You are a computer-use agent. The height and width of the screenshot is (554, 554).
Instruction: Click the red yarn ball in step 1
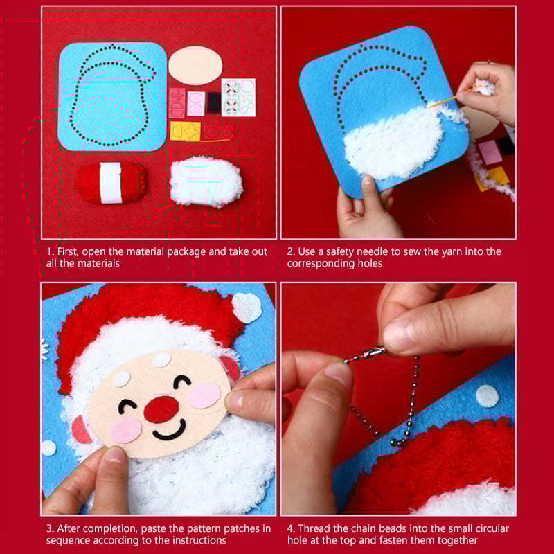pyautogui.click(x=109, y=183)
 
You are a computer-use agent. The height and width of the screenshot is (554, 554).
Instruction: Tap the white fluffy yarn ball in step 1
pyautogui.click(x=206, y=182)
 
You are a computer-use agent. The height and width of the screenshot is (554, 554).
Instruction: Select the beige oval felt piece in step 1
pyautogui.click(x=195, y=66)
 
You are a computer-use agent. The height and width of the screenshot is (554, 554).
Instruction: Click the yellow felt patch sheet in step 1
pyautogui.click(x=186, y=131)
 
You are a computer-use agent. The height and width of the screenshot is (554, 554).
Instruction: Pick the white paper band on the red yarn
pyautogui.click(x=111, y=183)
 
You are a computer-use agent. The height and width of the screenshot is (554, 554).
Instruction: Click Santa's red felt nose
pyautogui.click(x=161, y=409)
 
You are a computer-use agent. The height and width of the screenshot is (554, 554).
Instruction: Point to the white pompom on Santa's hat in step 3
pyautogui.click(x=247, y=307)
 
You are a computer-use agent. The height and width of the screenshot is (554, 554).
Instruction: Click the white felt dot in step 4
pyautogui.click(x=488, y=395)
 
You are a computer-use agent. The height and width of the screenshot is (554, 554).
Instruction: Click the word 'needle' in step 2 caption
pyautogui.click(x=373, y=251)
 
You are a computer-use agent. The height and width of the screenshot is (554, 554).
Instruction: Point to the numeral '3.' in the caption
pyautogui.click(x=51, y=528)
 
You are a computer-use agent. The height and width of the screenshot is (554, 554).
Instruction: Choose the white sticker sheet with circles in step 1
pyautogui.click(x=238, y=98)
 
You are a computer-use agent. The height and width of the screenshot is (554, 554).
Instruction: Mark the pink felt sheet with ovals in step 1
pyautogui.click(x=196, y=103)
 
